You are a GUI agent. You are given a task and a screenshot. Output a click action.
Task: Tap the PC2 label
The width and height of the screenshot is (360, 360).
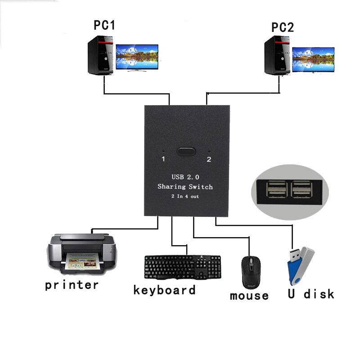pyautogui.click(x=283, y=27)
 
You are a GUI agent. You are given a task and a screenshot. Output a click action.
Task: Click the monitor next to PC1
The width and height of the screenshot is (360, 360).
pyautogui.click(x=137, y=57)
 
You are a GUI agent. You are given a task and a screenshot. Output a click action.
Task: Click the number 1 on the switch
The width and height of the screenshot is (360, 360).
pyautogui.click(x=164, y=159)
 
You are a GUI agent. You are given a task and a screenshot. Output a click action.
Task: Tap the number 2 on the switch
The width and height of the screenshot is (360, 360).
pyautogui.click(x=209, y=159)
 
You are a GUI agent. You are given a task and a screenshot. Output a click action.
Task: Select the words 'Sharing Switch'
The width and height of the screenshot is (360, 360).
pyautogui.click(x=185, y=187)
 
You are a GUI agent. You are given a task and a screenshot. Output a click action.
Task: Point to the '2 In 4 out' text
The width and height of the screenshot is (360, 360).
pyautogui.click(x=185, y=196)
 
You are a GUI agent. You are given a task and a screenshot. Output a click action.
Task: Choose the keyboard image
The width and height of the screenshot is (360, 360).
pyautogui.click(x=182, y=267)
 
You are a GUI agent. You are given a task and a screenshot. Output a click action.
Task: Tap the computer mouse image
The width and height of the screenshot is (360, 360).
pyautogui.click(x=248, y=273)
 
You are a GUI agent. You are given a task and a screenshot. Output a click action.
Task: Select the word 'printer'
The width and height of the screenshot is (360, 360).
pyautogui.click(x=72, y=285)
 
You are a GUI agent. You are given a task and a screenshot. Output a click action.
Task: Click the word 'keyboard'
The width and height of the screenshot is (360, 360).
pyautogui.click(x=164, y=290)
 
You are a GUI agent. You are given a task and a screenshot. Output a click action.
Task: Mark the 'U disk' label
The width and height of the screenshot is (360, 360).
pyautogui.click(x=311, y=294)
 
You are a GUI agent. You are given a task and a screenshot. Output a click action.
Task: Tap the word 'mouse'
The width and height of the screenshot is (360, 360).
pyautogui.click(x=249, y=296)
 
